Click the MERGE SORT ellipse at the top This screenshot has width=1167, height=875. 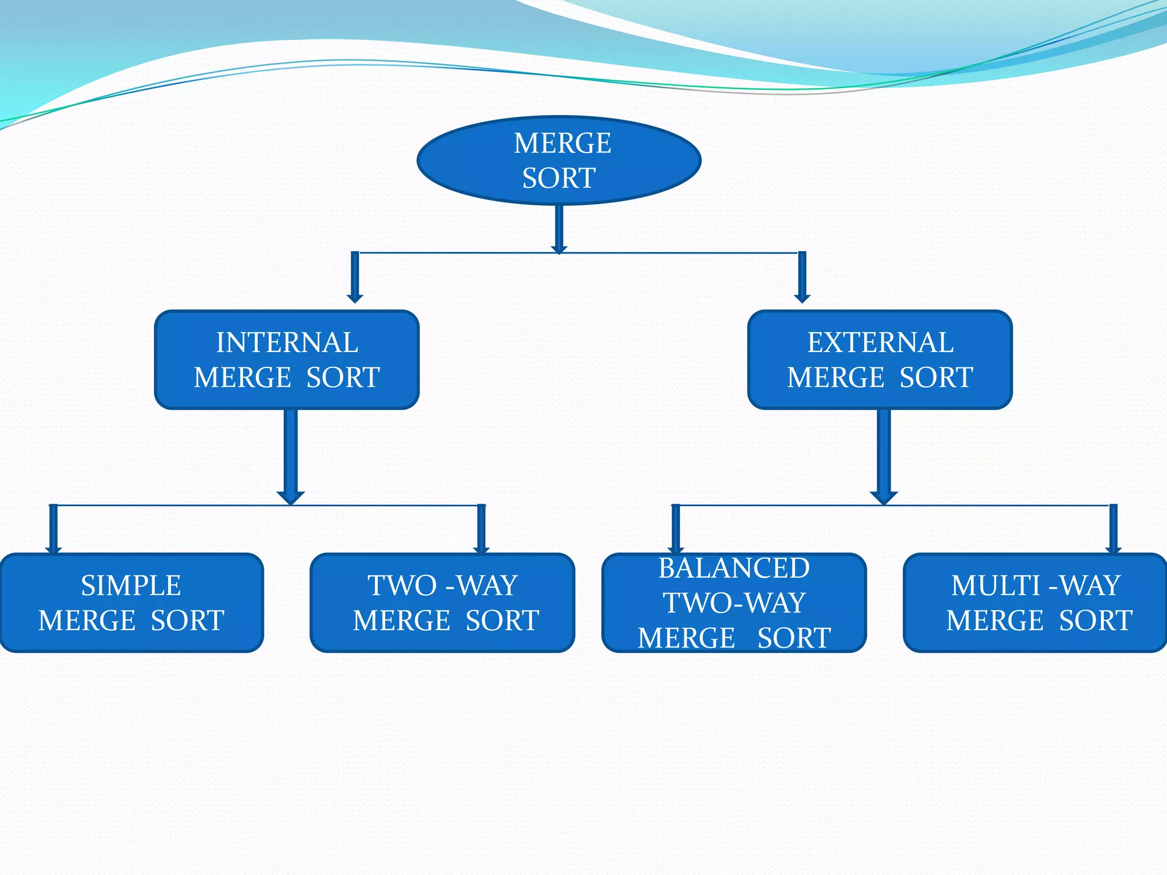coord(559,160)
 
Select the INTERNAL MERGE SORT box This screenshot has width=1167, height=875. coord(287,359)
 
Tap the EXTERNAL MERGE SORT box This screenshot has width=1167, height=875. coord(880,359)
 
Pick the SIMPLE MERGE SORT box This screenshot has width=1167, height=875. coord(131,603)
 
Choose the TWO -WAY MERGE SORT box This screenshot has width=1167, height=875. coord(443,603)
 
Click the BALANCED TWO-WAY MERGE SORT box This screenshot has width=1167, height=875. coord(734,603)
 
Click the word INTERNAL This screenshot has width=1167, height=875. coord(287,342)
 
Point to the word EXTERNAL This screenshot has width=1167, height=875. coord(880,342)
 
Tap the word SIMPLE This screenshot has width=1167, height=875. coord(131,586)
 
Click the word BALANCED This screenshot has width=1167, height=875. coord(734,568)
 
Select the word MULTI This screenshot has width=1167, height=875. coord(996,586)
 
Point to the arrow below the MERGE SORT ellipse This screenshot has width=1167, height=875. coord(559,229)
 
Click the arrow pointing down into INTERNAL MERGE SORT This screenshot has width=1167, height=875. coord(355,277)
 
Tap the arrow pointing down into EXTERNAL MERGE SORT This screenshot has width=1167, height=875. coord(802,277)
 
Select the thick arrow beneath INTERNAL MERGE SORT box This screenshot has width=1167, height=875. coord(291,456)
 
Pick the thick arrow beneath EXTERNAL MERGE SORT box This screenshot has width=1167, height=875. coord(884,456)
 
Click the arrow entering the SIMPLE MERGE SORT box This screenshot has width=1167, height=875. coord(54,529)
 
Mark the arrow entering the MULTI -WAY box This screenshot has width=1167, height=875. coord(1113,529)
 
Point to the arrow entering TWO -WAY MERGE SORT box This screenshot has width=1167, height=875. coord(482,529)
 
